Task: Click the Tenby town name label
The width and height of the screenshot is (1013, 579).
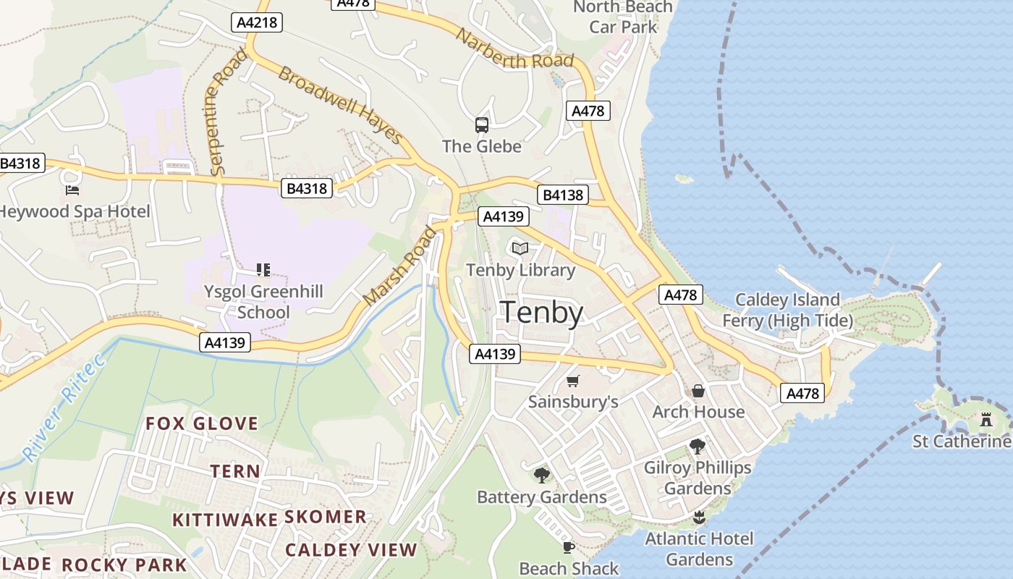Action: [542, 313]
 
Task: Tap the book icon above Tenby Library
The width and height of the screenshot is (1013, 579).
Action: [520, 248]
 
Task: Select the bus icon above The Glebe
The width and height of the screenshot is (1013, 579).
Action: [482, 125]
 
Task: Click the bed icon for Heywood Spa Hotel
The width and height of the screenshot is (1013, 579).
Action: [72, 190]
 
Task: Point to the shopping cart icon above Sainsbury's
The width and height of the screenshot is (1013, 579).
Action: [573, 381]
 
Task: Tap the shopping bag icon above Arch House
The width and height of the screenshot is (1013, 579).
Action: [698, 391]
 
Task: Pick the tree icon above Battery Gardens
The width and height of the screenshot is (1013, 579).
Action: [541, 476]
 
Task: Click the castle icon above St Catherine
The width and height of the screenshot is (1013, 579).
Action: [986, 419]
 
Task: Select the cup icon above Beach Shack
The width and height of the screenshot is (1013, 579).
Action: [569, 547]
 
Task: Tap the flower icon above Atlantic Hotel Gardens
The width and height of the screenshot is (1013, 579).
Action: [699, 517]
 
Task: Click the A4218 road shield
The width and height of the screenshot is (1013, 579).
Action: [257, 22]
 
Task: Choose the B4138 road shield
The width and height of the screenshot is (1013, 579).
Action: [563, 195]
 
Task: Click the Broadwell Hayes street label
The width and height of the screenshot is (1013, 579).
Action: [340, 106]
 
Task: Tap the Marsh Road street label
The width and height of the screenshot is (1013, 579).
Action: [400, 266]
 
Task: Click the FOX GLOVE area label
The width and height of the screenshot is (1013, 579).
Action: [202, 423]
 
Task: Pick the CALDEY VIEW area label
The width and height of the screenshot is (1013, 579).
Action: [351, 550]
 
